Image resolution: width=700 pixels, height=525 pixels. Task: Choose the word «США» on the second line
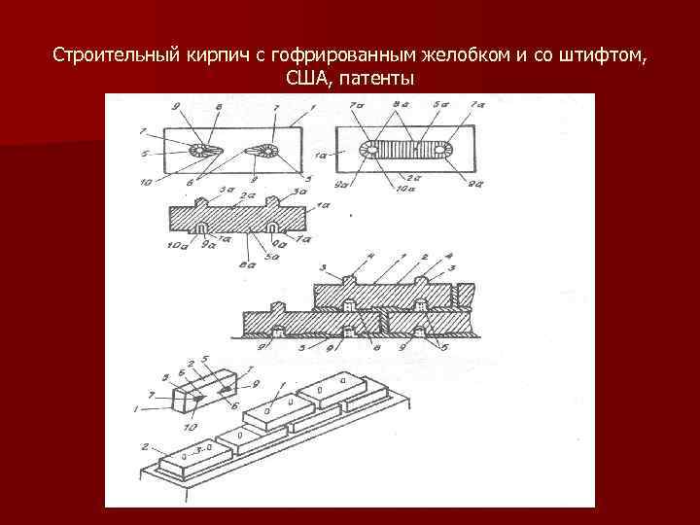click(x=307, y=78)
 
